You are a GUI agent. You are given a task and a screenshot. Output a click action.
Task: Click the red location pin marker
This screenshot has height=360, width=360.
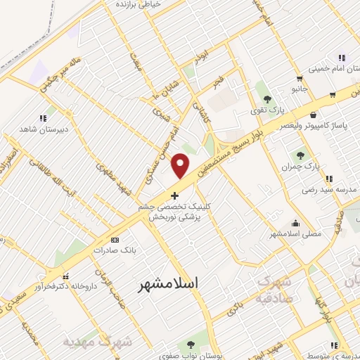(181, 165)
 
